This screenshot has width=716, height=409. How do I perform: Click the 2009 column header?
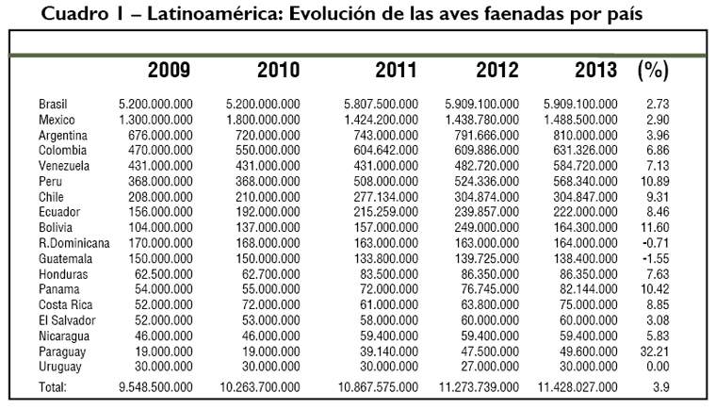[x=169, y=70]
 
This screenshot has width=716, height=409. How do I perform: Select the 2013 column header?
[x=595, y=70]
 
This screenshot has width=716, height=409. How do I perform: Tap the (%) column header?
[x=653, y=70]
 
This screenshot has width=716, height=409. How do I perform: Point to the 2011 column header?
[x=397, y=70]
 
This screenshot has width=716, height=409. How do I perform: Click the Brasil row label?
[x=53, y=104]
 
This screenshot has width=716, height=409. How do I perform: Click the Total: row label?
[x=53, y=387]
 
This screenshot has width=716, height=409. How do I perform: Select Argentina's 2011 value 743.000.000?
[x=382, y=134]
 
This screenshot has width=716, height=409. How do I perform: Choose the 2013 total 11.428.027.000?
[x=570, y=387]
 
